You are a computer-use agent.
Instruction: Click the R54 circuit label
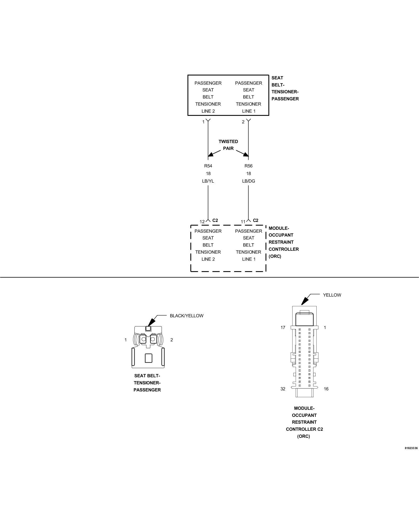(208, 166)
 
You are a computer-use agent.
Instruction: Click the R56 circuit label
(248, 166)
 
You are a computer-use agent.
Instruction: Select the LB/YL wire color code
(208, 181)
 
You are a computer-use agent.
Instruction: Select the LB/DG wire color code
(248, 181)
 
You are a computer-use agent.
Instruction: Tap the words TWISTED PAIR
(228, 145)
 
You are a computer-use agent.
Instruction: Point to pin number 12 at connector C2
(202, 222)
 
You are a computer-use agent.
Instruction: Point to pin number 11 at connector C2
(243, 222)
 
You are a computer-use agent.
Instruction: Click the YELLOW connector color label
(332, 295)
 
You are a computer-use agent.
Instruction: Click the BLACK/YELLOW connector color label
(186, 316)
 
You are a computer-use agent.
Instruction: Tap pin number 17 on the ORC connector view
(283, 327)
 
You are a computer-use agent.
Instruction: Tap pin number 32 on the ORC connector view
(283, 389)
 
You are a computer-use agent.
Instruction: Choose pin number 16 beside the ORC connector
(326, 389)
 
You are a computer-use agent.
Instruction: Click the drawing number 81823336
(411, 448)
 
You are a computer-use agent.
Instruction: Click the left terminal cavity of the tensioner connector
(143, 340)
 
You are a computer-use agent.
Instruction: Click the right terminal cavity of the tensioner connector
(153, 340)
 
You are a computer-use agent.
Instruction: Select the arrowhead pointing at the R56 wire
(246, 155)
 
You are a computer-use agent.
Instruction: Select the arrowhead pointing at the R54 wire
(211, 155)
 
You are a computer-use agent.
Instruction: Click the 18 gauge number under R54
(208, 173)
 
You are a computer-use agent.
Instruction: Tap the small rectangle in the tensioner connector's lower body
(148, 358)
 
